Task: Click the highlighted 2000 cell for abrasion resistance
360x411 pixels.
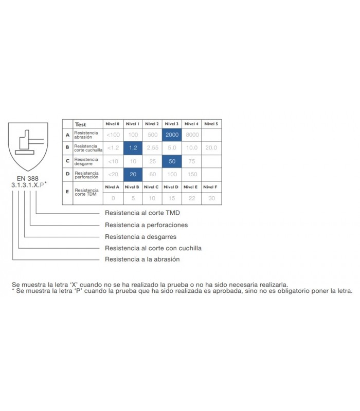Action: [172, 135]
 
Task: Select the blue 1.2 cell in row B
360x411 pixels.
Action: [133, 148]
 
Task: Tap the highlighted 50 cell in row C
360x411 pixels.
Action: [172, 161]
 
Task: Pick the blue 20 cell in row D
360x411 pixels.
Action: [133, 175]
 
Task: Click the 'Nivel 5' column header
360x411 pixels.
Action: [211, 124]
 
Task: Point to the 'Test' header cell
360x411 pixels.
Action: [81, 124]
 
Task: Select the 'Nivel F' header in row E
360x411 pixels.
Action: [210, 187]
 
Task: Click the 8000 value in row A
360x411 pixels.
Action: [192, 135]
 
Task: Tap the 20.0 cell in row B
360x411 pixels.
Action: [211, 148]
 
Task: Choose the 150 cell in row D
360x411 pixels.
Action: [192, 174]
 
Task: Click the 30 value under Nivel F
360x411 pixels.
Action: [211, 198]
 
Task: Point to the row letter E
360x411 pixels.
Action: [67, 192]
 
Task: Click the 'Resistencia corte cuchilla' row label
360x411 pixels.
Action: [88, 148]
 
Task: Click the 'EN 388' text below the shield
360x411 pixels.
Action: [28, 178]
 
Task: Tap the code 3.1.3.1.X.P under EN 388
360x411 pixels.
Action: [28, 185]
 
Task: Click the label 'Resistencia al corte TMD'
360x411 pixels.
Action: [142, 213]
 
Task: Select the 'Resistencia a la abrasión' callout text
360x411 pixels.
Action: [142, 259]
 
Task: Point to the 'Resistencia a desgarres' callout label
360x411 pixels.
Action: [140, 237]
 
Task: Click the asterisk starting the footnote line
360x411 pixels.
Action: [13, 290]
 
